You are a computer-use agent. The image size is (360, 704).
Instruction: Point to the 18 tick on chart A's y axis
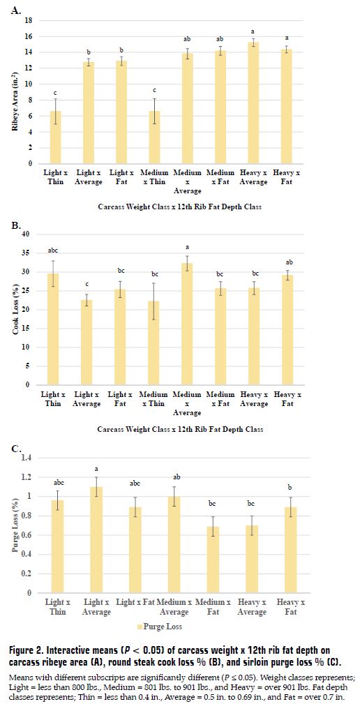pyautogui.click(x=29, y=20)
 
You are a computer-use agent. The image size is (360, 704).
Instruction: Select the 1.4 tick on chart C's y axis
pyautogui.click(x=27, y=457)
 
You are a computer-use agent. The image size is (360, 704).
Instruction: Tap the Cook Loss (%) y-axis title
pyautogui.click(x=15, y=309)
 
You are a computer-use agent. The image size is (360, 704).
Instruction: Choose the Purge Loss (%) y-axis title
pyautogui.click(x=15, y=525)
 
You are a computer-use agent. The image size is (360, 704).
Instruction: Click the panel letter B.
pyautogui.click(x=16, y=225)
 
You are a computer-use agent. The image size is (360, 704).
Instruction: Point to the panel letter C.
pyautogui.click(x=16, y=447)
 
